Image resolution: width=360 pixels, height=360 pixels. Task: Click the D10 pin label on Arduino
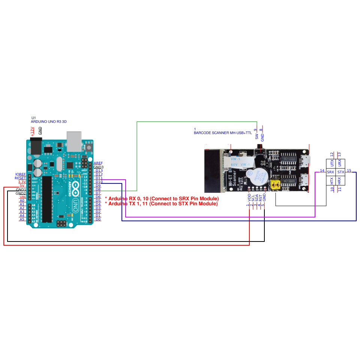coord(99,182)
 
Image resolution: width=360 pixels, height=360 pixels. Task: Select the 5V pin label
coord(22,186)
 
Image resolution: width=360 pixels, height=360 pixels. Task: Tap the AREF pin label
coord(98,163)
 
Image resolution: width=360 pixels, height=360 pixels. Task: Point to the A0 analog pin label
coord(22,201)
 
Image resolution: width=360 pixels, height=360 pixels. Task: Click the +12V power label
coord(32,131)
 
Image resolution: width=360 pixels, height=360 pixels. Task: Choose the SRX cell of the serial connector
coord(330,172)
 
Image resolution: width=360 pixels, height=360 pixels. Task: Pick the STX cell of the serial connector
coord(340,172)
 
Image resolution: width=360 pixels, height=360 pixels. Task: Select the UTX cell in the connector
coord(331,163)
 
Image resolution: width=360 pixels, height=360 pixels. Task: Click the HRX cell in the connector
coord(339,181)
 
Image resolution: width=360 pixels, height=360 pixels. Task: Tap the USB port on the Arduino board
coord(74,141)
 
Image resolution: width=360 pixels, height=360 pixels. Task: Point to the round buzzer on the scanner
coord(256,175)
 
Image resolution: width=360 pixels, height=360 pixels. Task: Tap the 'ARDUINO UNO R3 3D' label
coord(49,121)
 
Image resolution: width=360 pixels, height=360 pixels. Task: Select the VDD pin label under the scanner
coord(249,198)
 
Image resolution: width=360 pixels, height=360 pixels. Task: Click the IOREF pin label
coord(20,174)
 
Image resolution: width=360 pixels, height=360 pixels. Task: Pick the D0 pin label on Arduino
coord(98,219)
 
